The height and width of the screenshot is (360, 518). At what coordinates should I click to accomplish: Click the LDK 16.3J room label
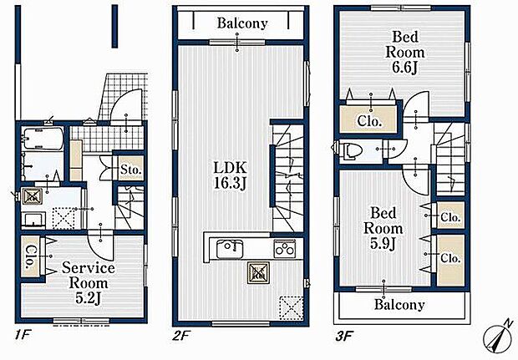(231, 175)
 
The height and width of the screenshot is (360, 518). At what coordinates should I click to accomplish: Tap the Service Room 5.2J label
(89, 283)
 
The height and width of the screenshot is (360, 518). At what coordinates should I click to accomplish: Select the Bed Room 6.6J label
(405, 52)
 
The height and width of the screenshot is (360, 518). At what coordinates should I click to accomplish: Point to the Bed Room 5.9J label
(383, 228)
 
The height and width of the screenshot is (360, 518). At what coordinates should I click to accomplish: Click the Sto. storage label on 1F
(131, 170)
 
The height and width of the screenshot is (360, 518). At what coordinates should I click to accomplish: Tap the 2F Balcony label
(242, 23)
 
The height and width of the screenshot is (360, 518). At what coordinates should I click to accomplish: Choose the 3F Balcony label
(399, 305)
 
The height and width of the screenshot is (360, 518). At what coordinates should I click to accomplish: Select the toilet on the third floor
(349, 150)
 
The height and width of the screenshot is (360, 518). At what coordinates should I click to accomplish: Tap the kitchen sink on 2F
(230, 249)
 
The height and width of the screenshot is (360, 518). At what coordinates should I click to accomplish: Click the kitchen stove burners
(284, 249)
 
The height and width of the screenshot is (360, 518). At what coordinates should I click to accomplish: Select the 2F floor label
(180, 336)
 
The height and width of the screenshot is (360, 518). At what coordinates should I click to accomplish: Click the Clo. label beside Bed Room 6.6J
(369, 122)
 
